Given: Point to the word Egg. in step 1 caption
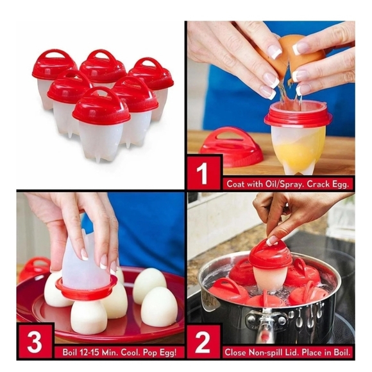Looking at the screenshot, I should pyautogui.click(x=339, y=184).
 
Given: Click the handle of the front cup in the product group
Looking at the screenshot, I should pyautogui.click(x=101, y=96).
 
